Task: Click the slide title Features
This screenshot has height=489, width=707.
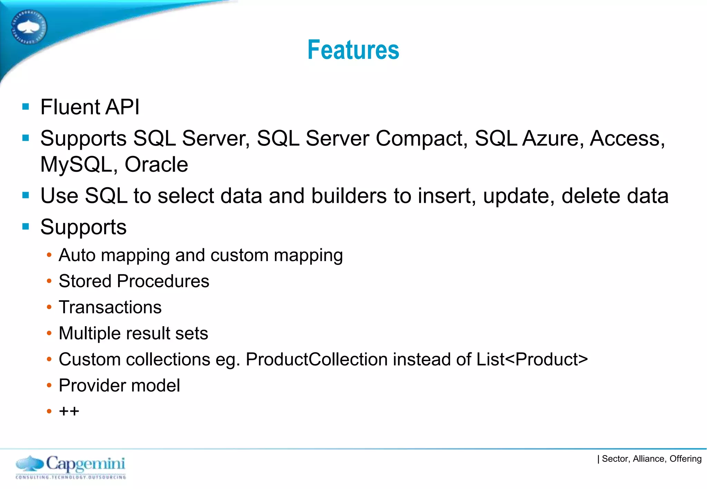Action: point(353,50)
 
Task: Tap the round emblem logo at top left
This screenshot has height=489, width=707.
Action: point(29,27)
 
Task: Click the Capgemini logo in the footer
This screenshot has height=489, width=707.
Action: point(71,467)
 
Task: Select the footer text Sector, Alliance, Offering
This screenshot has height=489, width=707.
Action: point(651,459)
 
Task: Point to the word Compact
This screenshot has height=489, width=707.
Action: point(422,139)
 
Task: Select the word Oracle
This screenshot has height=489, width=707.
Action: point(156,164)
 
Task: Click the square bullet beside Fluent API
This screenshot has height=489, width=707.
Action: point(26,107)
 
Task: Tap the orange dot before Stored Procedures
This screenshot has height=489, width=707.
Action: point(49,281)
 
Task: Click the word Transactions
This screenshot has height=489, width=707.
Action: point(110,307)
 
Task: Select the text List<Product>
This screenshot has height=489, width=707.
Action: point(532,359)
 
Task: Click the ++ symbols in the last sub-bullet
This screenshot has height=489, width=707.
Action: point(69,411)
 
